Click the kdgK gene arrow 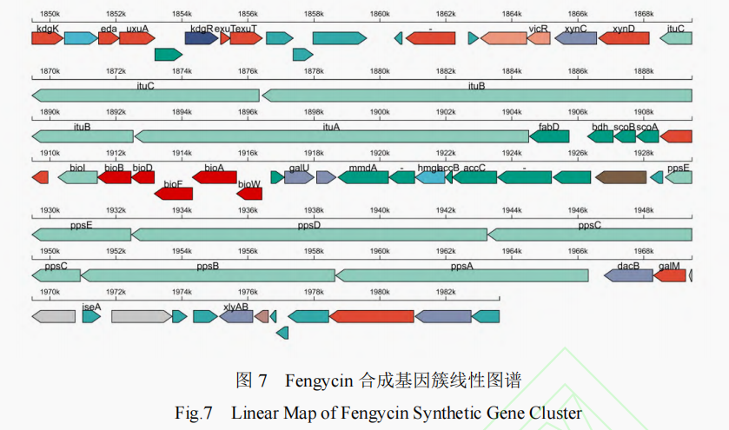pyautogui.click(x=47, y=38)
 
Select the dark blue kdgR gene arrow pyautogui.click(x=202, y=38)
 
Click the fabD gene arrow pyautogui.click(x=549, y=136)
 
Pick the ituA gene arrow pyautogui.click(x=331, y=136)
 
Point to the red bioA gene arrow pyautogui.click(x=215, y=177)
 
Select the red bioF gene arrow pyautogui.click(x=174, y=193)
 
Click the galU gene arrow pyautogui.click(x=299, y=177)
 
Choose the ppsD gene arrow pyautogui.click(x=309, y=235)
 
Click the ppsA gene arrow pyautogui.click(x=462, y=275)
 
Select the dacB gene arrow pyautogui.click(x=628, y=275)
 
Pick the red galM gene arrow pyautogui.click(x=670, y=275)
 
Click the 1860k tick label pyautogui.click(x=380, y=14)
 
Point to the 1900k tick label pyautogui.click(x=380, y=112)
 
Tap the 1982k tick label pyautogui.click(x=446, y=292)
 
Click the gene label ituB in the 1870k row pyautogui.click(x=476, y=85)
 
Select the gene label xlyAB pyautogui.click(x=235, y=306)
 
